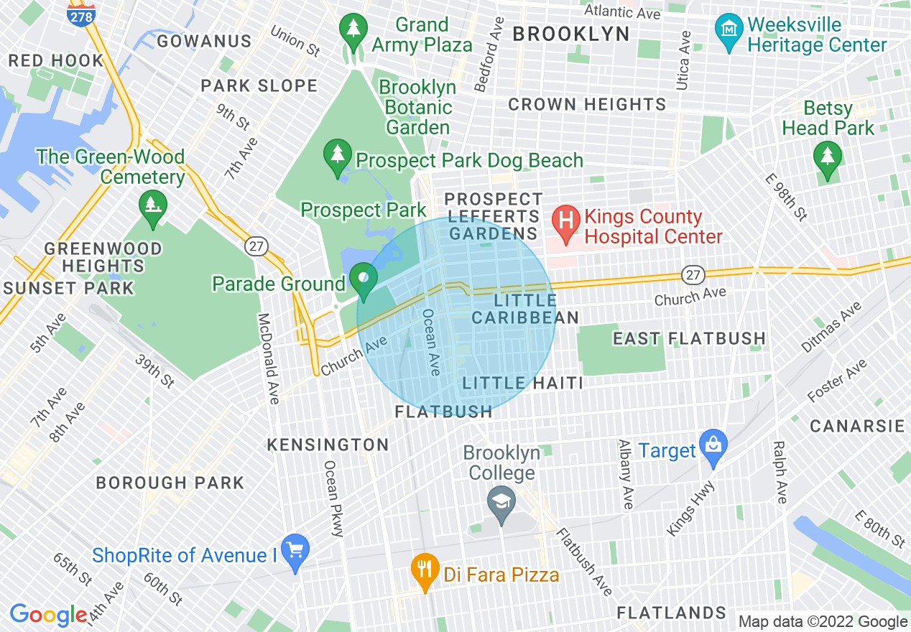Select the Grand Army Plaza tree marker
click(353, 31)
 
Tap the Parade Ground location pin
click(364, 280)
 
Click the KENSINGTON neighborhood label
click(328, 445)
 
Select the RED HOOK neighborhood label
click(56, 61)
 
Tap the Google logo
click(48, 615)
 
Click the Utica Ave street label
click(683, 60)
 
